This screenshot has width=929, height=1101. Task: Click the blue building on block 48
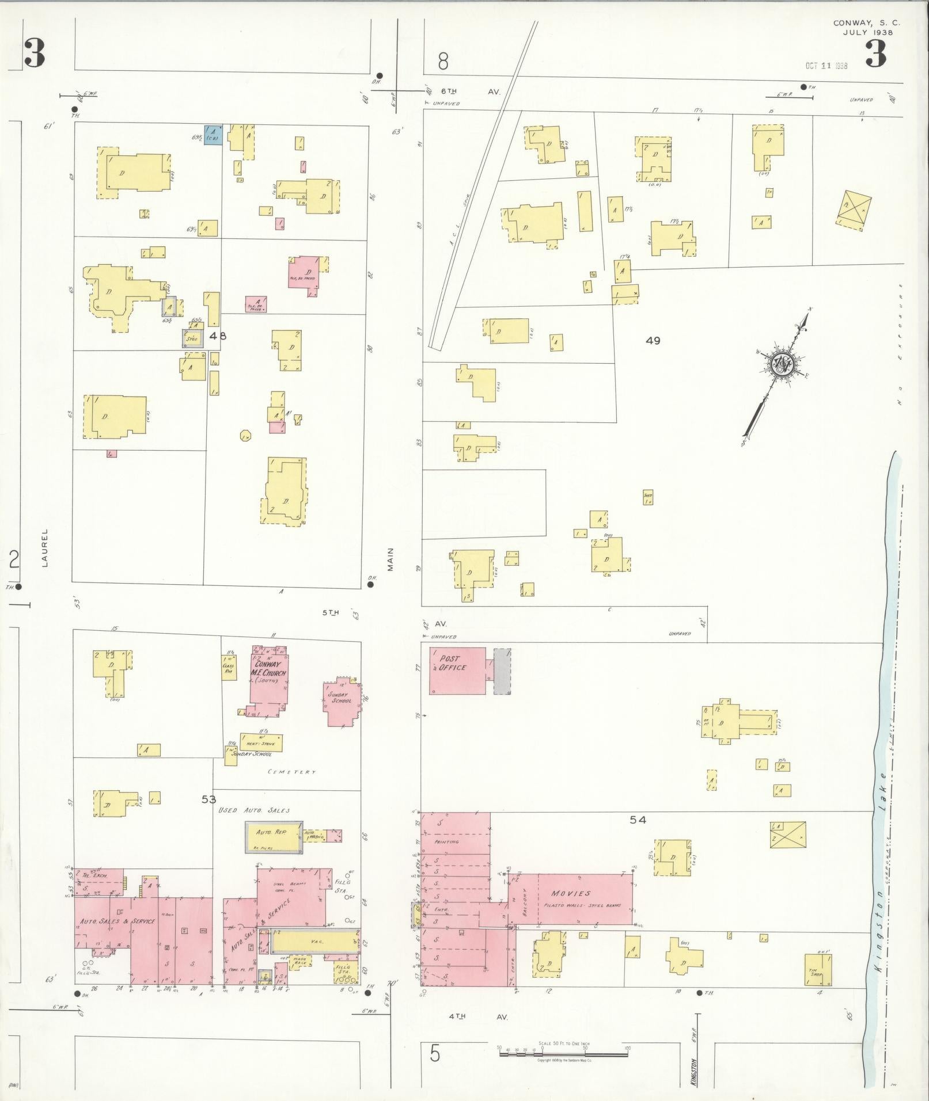tap(213, 135)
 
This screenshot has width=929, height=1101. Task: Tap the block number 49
tap(653, 341)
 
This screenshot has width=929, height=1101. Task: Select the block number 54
tap(638, 820)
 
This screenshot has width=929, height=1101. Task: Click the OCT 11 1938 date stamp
tap(826, 66)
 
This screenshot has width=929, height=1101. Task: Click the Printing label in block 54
tap(447, 841)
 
